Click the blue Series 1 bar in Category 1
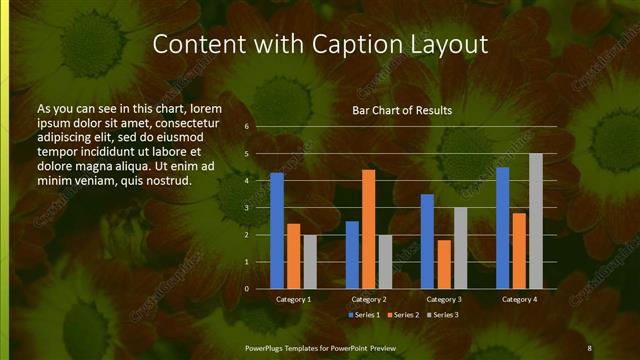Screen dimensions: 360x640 (277, 231)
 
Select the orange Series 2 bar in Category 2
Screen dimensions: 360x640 (369, 229)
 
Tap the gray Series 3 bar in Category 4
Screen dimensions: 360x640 (536, 221)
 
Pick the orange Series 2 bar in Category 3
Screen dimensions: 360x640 (444, 264)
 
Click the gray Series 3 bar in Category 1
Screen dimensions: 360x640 (310, 262)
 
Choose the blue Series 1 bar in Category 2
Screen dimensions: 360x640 (352, 255)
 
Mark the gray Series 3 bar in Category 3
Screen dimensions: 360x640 (461, 248)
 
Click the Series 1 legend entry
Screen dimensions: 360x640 (362, 315)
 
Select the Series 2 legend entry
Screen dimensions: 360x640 (403, 315)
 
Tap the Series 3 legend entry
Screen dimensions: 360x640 (443, 315)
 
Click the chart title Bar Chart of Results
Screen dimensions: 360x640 (402, 110)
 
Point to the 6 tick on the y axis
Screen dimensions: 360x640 (247, 127)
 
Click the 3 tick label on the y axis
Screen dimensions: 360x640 (247, 208)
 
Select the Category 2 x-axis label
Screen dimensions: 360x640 (369, 299)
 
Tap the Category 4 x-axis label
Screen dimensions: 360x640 (519, 299)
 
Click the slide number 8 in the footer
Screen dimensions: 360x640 (589, 347)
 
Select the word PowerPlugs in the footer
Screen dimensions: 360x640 (267, 347)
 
